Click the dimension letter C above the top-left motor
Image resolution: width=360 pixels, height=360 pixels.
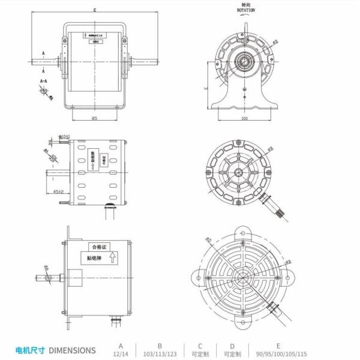pyautogui.click(x=95, y=11)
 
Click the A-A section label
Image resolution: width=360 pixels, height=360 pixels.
pyautogui.click(x=44, y=80)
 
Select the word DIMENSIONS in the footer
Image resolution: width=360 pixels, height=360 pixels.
pyautogui.click(x=71, y=350)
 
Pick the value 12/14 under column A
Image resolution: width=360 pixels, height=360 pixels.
pyautogui.click(x=121, y=354)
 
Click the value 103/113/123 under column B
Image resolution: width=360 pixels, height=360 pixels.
pyautogui.click(x=160, y=354)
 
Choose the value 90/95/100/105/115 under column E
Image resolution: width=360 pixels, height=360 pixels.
pyautogui.click(x=278, y=354)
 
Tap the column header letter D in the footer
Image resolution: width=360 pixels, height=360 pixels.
pyautogui.click(x=232, y=346)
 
